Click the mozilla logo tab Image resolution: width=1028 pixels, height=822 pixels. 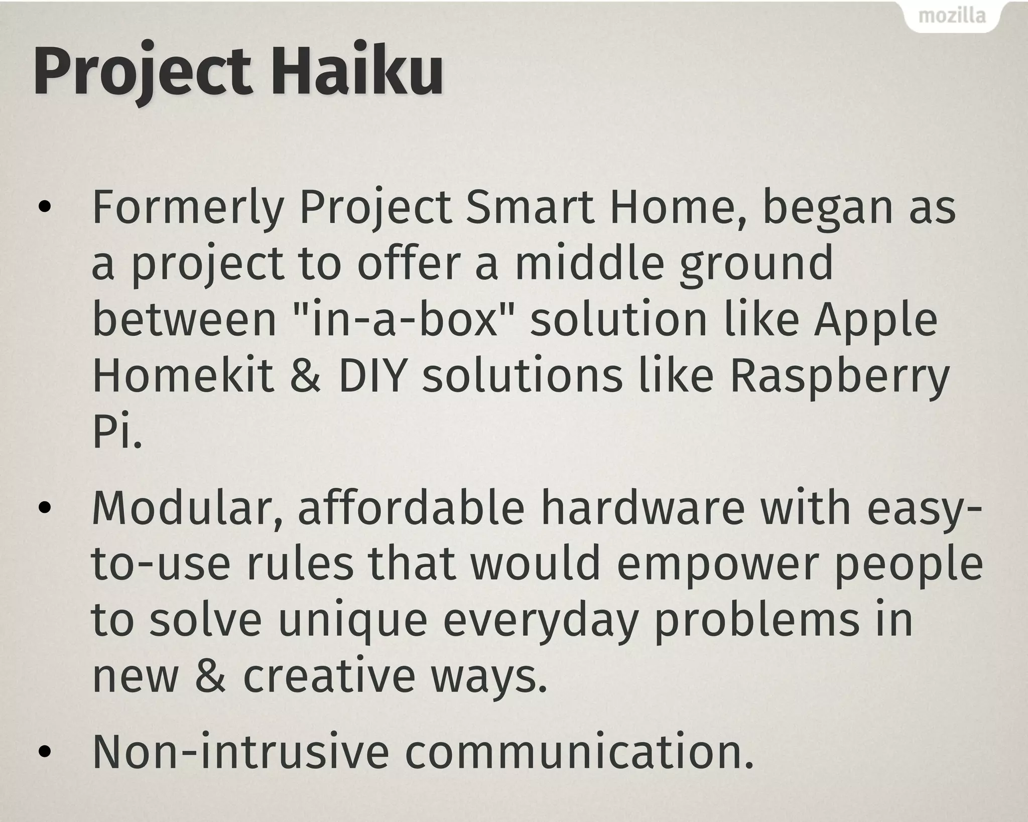click(952, 17)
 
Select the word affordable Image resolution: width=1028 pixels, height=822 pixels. click(411, 508)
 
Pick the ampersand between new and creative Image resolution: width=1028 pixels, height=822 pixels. click(210, 676)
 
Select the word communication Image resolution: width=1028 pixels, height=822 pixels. click(579, 752)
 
